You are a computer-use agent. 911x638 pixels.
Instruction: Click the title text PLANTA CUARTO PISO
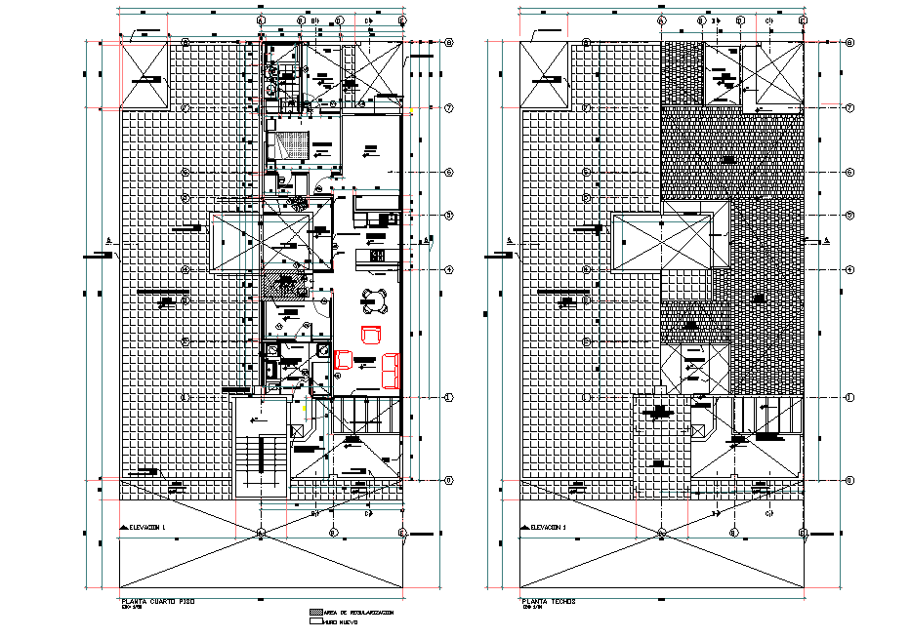155,602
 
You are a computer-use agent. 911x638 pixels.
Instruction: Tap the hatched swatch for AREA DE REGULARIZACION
315,612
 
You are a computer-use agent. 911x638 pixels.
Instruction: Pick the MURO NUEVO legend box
315,620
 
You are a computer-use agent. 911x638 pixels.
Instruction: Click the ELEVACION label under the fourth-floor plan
147,527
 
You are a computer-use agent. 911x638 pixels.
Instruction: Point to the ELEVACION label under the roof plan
548,527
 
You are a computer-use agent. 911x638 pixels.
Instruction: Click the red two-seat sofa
390,370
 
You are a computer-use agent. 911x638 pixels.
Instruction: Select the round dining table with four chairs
374,298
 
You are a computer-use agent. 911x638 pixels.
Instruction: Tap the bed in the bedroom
289,143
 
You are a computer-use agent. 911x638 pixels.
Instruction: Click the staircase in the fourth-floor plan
260,459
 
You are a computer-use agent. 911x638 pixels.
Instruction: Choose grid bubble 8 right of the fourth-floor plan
448,43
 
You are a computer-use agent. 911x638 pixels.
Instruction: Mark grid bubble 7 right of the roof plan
849,107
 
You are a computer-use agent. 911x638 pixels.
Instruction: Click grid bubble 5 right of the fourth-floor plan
448,215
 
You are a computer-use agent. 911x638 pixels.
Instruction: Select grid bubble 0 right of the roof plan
849,480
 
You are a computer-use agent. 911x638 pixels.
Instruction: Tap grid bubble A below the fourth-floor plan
261,533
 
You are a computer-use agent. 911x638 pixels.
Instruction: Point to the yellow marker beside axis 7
410,111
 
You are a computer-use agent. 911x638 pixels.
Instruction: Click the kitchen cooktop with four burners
375,255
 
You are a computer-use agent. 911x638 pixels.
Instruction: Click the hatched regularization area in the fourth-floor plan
284,285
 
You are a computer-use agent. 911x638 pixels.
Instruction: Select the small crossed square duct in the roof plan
698,429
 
